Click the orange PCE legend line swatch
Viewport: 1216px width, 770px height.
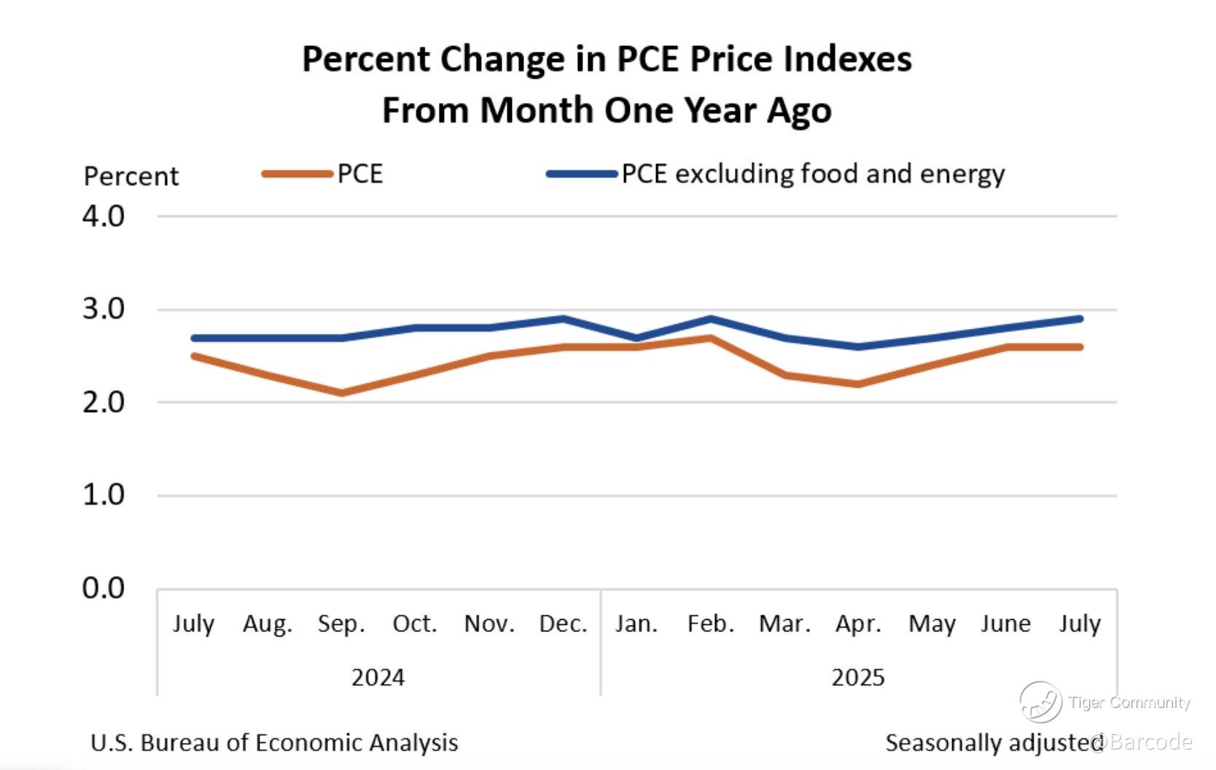click(x=297, y=174)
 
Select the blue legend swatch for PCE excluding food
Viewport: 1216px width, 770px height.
click(x=582, y=174)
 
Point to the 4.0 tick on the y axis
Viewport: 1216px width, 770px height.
click(x=104, y=217)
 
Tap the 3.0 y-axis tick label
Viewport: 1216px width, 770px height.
click(x=104, y=309)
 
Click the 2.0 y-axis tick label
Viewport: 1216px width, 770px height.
click(x=104, y=402)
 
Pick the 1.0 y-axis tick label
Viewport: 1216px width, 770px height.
click(x=104, y=495)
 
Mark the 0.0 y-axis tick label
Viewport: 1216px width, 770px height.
click(x=104, y=588)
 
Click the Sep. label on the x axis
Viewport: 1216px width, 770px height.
click(x=341, y=624)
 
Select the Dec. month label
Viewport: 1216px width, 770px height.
click(x=563, y=624)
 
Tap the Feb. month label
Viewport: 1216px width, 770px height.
click(x=711, y=624)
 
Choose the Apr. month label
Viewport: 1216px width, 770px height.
click(x=858, y=624)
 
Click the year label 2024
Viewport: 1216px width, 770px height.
click(x=378, y=678)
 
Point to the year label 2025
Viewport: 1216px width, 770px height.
click(x=858, y=678)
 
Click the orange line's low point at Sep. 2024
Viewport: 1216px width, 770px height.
click(x=341, y=393)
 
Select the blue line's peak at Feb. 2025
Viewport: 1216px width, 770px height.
click(x=711, y=319)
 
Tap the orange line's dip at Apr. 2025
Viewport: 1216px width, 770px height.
click(x=858, y=384)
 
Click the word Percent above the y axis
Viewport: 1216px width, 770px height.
click(x=131, y=176)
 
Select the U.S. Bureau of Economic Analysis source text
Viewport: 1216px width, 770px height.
click(x=274, y=743)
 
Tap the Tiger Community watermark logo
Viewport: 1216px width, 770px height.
click(x=1040, y=702)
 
